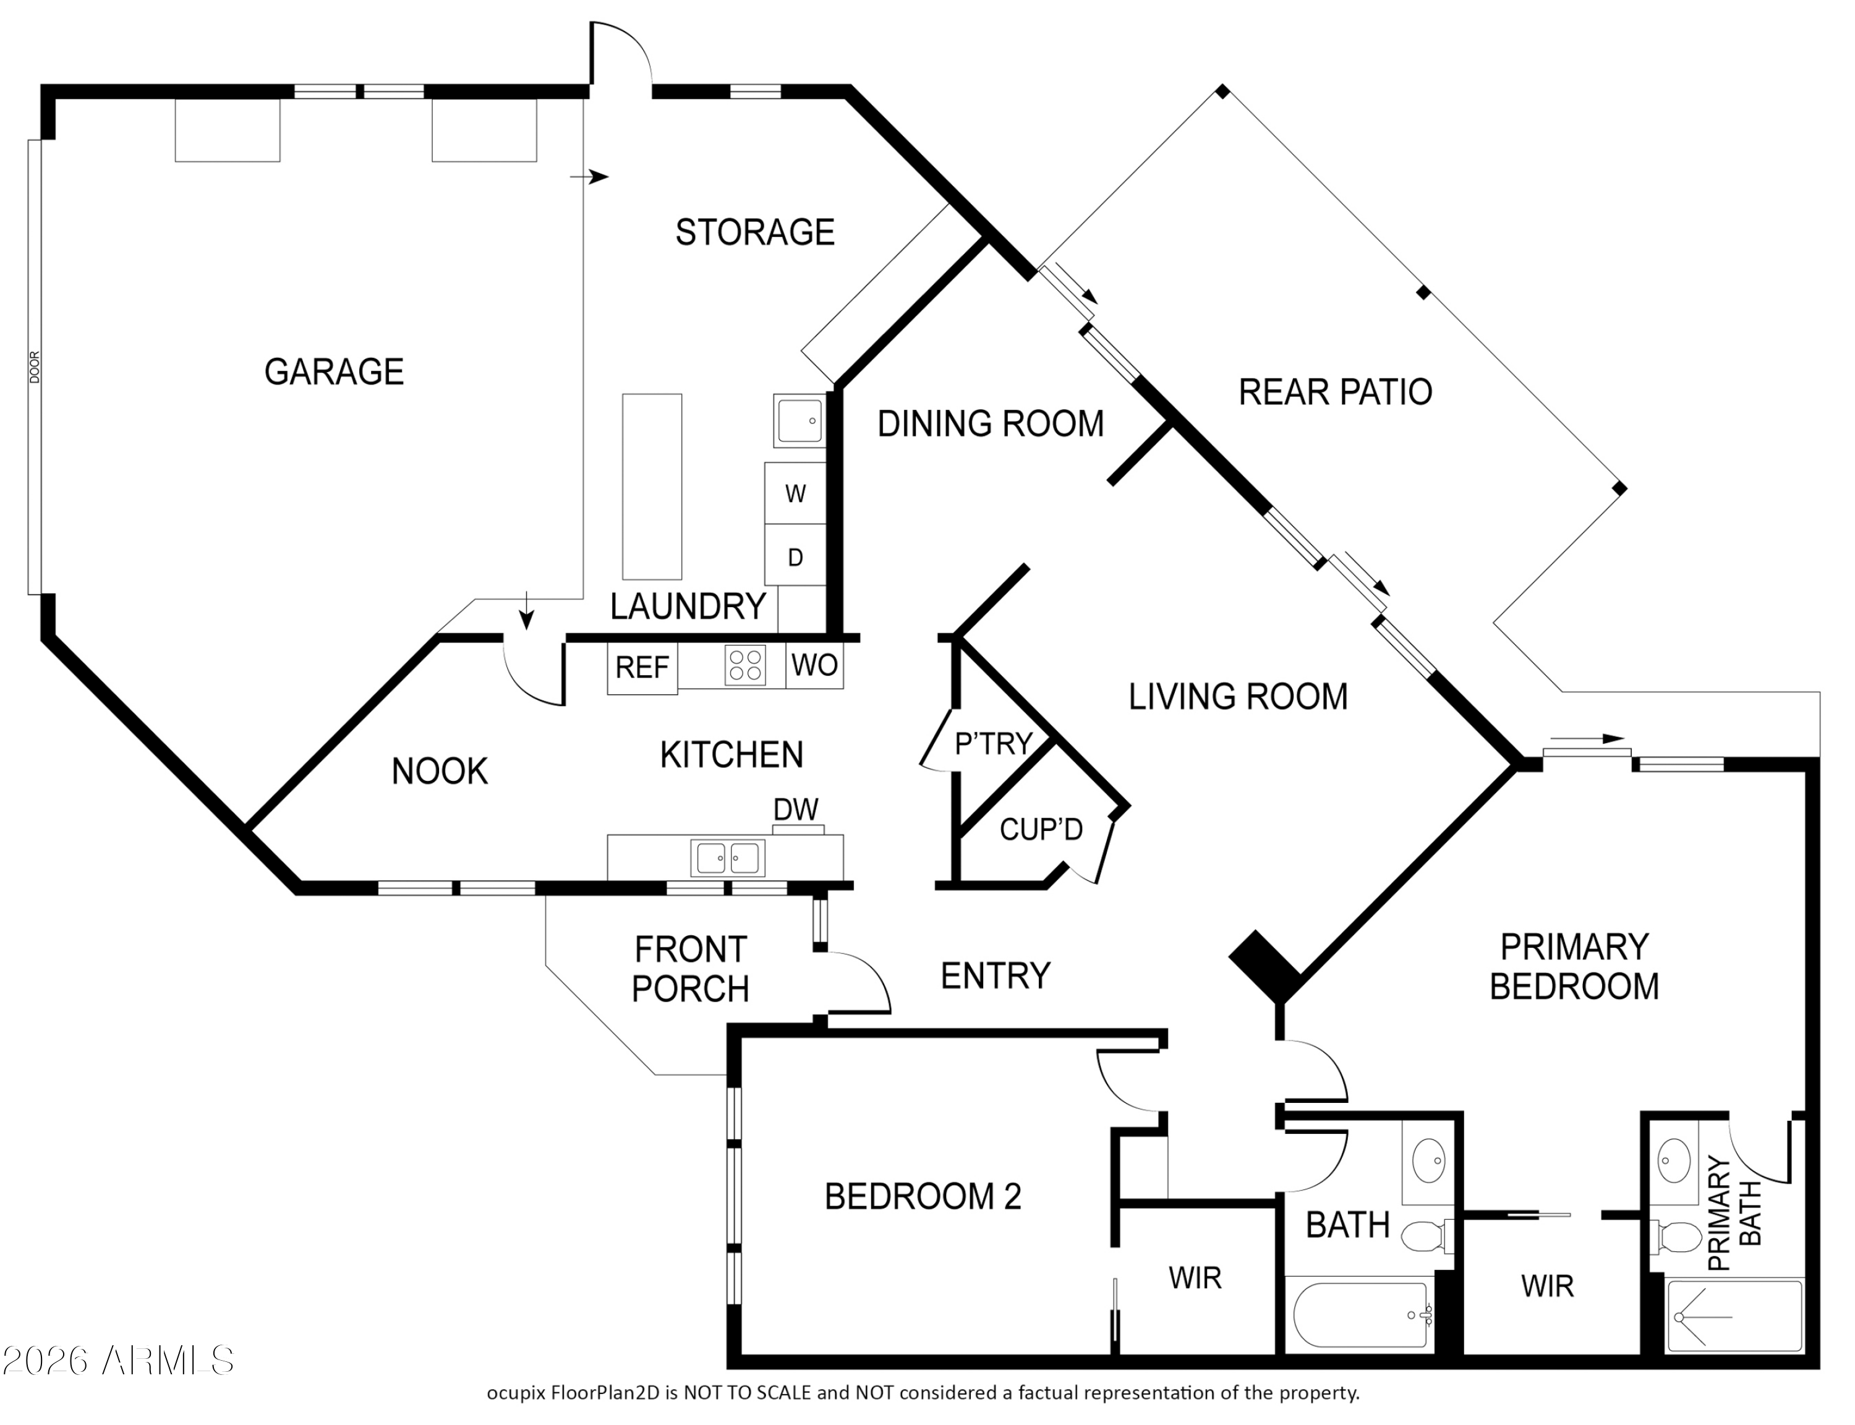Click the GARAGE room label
334,372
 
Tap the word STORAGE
755,232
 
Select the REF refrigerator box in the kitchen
642,670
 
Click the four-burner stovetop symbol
744,665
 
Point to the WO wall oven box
814,666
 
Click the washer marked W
795,493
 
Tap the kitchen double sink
728,857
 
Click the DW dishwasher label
796,809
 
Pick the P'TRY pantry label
993,744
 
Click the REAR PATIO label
1335,392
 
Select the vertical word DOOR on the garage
35,367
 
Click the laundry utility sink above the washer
799,420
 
